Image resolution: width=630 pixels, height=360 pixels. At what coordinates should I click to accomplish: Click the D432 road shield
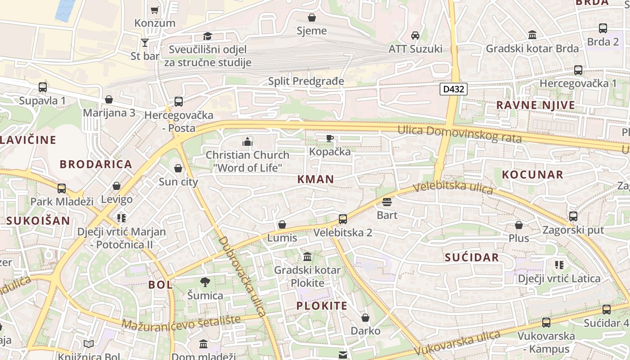click(x=453, y=89)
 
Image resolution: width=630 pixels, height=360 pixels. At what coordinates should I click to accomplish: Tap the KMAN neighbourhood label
click(x=316, y=179)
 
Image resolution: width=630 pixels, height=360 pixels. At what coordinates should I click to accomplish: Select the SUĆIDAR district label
click(x=472, y=257)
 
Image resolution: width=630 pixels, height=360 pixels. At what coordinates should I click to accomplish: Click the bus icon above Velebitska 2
click(x=343, y=219)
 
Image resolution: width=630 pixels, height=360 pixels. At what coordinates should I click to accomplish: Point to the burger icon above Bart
click(x=387, y=202)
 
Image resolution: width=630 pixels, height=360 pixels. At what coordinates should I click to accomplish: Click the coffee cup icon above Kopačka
click(x=329, y=138)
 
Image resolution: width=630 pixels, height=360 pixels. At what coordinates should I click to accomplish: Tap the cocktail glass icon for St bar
click(x=144, y=43)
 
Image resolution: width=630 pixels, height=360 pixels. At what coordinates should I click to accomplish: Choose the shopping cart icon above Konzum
click(x=155, y=10)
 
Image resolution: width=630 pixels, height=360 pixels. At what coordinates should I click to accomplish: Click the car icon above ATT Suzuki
click(x=415, y=35)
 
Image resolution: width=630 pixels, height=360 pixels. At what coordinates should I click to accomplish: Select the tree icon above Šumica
click(x=205, y=282)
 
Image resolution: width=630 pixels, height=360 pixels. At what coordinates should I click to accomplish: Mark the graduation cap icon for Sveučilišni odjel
click(x=207, y=36)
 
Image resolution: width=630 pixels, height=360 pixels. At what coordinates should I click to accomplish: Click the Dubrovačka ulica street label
click(x=243, y=276)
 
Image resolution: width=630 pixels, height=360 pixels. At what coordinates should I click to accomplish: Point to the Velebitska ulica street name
click(x=453, y=188)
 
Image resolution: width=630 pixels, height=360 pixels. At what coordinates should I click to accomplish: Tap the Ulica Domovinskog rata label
click(x=459, y=134)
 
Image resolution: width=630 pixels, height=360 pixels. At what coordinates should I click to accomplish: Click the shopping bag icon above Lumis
click(x=282, y=224)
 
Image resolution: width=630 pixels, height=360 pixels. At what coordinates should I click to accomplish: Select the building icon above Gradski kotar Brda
click(x=532, y=35)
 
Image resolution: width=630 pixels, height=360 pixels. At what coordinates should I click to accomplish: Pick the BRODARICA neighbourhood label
click(x=96, y=164)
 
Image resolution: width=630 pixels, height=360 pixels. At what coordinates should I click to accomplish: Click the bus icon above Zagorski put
click(x=573, y=216)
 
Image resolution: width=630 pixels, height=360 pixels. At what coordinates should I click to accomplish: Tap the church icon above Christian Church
click(x=247, y=142)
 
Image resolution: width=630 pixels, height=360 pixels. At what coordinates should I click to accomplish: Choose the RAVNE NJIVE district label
click(x=535, y=105)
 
